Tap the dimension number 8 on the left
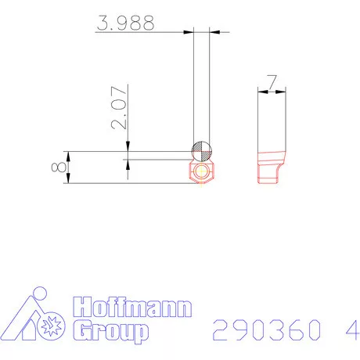point(56,167)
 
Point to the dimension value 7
point(272,81)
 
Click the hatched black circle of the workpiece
point(201,150)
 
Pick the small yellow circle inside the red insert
point(202,172)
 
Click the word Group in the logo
point(109,332)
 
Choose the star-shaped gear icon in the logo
point(53,322)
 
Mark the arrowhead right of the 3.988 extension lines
point(214,32)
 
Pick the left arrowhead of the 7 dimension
point(262,92)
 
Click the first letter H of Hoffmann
point(80,308)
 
